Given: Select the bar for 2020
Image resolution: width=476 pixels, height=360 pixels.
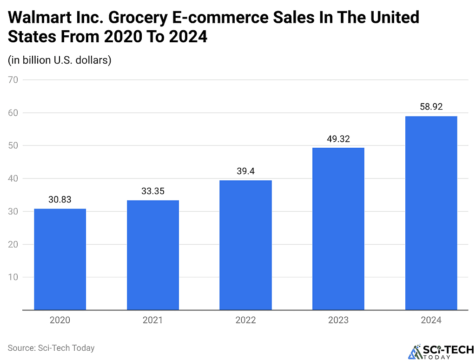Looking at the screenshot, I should pos(60,259).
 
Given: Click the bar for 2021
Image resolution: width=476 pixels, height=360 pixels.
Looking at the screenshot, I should pos(153,255).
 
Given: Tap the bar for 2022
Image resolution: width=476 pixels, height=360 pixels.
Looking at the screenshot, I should pos(245,245).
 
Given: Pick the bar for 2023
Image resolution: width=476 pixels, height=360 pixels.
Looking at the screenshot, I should pos(338,229).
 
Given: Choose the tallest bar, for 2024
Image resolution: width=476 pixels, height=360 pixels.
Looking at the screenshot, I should pos(431,213).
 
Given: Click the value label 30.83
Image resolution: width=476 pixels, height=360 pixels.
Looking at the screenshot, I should pos(60,199).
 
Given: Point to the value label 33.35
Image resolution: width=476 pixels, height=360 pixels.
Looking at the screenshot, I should pos(153,191).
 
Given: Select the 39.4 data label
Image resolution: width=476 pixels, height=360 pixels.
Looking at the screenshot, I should pos(245,171).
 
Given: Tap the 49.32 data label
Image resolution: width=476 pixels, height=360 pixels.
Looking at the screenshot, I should pos(338,138).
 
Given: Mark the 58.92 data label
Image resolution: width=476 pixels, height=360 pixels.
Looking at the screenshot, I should pos(431,107).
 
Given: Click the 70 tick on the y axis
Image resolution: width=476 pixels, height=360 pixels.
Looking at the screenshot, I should pos(13,79).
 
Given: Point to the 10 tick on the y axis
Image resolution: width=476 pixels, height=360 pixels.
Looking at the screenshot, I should pos(13,277).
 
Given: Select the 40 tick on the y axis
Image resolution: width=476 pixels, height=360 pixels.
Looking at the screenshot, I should pos(13,178).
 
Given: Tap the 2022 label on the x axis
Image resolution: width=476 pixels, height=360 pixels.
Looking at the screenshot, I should pos(245,320).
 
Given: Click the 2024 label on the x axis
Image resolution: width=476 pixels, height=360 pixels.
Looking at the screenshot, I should pos(431,320).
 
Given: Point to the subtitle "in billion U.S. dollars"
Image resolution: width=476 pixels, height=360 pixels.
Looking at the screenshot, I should pos(59,60).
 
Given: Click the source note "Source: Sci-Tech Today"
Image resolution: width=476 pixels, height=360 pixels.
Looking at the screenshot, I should pos(51,347).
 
